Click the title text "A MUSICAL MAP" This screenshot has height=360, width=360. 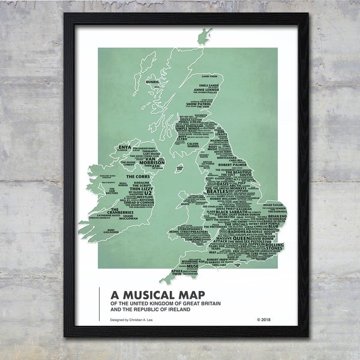tap(158, 294)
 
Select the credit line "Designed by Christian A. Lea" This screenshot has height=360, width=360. tap(136, 320)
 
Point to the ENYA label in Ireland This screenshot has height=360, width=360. tap(124, 146)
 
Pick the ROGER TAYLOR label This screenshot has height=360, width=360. tap(273, 205)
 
